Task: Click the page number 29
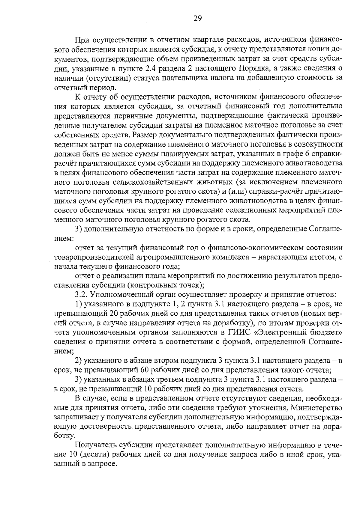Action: click(x=197, y=19)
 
